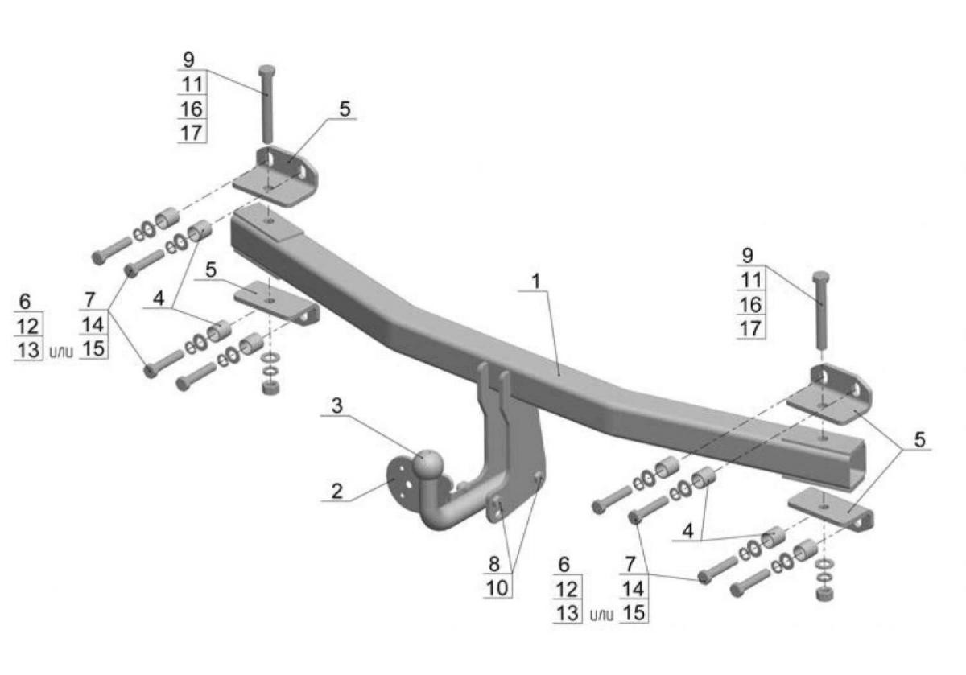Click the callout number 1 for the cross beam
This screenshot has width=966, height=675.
pyautogui.click(x=536, y=282)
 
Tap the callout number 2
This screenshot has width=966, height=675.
pyautogui.click(x=336, y=492)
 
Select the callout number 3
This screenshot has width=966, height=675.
pyautogui.click(x=336, y=405)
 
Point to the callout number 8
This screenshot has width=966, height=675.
pyautogui.click(x=494, y=563)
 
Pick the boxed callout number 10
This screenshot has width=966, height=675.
pyautogui.click(x=497, y=587)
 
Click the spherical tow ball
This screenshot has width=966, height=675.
pyautogui.click(x=427, y=463)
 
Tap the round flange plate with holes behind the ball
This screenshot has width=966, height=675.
pyautogui.click(x=399, y=483)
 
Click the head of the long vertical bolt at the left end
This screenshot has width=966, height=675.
pyautogui.click(x=267, y=71)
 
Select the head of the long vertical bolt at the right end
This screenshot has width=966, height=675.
pyautogui.click(x=820, y=277)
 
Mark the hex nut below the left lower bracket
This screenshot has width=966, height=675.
pyautogui.click(x=270, y=387)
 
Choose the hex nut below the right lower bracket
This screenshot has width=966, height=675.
pyautogui.click(x=824, y=593)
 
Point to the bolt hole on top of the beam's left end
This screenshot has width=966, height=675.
pyautogui.click(x=270, y=220)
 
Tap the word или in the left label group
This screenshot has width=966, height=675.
pyautogui.click(x=61, y=352)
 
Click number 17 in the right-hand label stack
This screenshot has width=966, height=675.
pyautogui.click(x=750, y=328)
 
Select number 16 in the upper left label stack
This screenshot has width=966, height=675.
pyautogui.click(x=192, y=109)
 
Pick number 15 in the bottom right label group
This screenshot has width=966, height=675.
pyautogui.click(x=634, y=612)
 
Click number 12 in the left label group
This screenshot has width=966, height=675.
pyautogui.click(x=28, y=327)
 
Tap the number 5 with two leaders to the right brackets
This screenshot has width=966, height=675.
pyautogui.click(x=920, y=439)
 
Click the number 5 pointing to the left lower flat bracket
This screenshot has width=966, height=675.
pyautogui.click(x=211, y=270)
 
